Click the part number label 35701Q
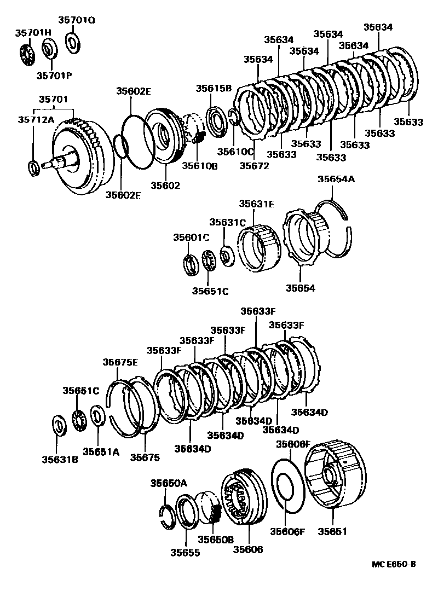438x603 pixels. (x=77, y=21)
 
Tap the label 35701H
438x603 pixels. (x=32, y=32)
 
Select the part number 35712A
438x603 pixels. (x=36, y=119)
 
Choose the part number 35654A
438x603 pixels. (x=336, y=178)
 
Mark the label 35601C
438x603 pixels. (x=192, y=237)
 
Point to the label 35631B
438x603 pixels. (x=59, y=459)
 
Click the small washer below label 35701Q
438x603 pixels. (x=72, y=42)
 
